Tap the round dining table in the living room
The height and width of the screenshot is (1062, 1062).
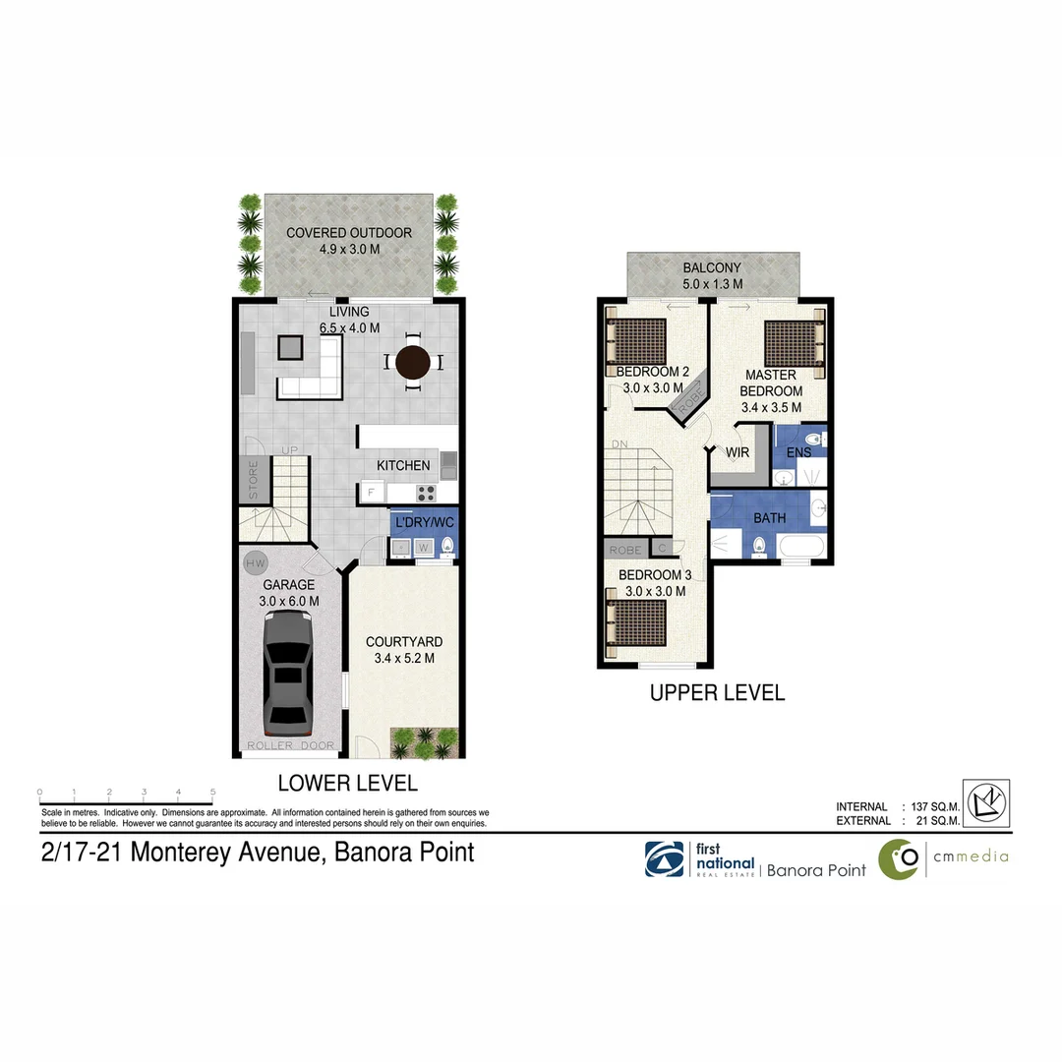(413, 362)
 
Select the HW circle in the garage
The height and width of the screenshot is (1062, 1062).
(256, 563)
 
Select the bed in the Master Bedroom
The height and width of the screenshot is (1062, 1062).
(793, 342)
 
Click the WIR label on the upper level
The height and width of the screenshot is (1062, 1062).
(738, 452)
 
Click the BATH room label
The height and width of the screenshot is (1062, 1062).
(769, 518)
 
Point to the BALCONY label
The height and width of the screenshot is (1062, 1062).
(713, 267)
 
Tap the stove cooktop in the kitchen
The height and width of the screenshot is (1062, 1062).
(427, 493)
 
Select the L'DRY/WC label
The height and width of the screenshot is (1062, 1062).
(424, 520)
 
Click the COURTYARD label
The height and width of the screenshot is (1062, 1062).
(404, 642)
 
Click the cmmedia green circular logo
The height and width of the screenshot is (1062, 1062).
(898, 858)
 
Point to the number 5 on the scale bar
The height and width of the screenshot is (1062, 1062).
(213, 792)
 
